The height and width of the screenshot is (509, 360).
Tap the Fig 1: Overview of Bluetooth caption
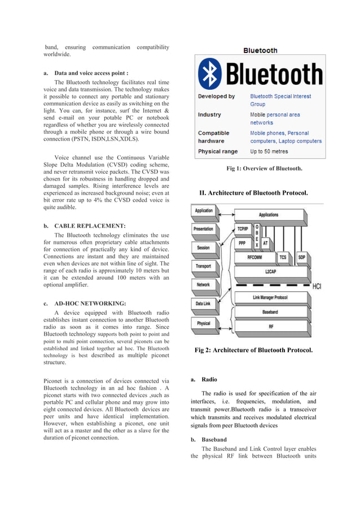pos(264,168)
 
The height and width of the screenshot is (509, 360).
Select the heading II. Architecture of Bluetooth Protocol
pos(253,193)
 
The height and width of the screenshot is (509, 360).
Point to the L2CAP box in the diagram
pos(270,271)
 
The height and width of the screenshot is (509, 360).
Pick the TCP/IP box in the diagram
pos(243,229)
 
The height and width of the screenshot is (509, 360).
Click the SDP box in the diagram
pos(301,257)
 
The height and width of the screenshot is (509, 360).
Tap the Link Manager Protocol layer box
pos(269,298)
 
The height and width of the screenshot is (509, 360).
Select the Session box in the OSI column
pos(203,248)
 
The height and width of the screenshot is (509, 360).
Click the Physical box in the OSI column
pos(203,323)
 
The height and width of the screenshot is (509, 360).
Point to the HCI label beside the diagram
pos(318,287)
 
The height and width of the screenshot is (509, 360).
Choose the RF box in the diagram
pos(270,326)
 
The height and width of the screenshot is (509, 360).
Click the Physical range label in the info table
pos(217,151)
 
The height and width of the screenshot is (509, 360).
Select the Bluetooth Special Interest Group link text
pos(280,100)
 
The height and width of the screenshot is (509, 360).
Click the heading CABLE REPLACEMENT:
pos(90,226)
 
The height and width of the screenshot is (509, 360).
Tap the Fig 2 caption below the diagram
pos(253,350)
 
